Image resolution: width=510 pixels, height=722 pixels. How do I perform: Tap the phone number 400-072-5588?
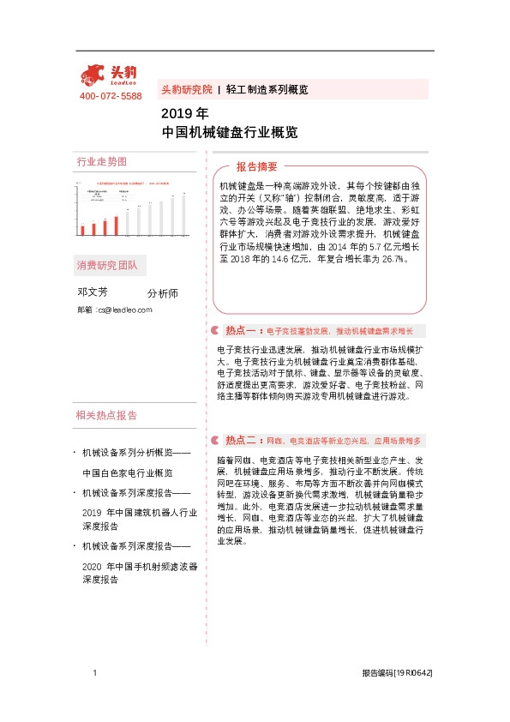tap(111, 96)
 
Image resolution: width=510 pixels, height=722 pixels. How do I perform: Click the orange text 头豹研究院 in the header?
tap(186, 89)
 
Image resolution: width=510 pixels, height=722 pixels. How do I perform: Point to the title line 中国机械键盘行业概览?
tap(230, 133)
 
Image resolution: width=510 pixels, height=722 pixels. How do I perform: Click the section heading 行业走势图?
tap(101, 161)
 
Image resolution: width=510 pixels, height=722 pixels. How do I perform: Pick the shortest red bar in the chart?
tap(83, 230)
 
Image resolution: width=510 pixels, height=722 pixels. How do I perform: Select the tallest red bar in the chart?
tap(116, 222)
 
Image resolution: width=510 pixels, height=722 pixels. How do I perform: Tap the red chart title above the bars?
tap(133, 183)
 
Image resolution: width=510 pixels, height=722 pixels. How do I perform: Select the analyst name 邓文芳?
tap(93, 292)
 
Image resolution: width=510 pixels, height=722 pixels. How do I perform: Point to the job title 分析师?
tap(163, 293)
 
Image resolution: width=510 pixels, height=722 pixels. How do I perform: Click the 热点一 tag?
tap(242, 330)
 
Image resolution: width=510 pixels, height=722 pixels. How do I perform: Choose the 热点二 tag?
tap(242, 440)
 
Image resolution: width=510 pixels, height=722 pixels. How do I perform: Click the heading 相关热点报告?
tap(106, 415)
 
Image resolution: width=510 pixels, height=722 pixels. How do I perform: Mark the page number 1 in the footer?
tap(94, 675)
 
